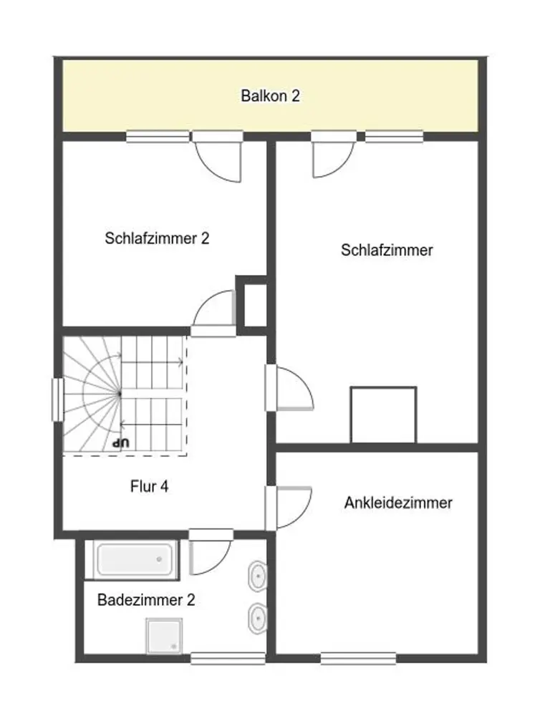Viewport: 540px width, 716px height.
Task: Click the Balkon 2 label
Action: [270, 96]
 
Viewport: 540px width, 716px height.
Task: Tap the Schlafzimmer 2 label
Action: [157, 238]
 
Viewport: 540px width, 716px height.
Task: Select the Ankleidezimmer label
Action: [398, 503]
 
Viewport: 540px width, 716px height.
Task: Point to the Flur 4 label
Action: [150, 486]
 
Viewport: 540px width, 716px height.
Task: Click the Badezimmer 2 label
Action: [146, 599]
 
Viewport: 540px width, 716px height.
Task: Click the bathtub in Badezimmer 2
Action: [135, 559]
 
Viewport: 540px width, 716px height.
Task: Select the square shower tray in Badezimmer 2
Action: [164, 636]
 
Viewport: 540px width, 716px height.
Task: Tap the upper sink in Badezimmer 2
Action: [257, 576]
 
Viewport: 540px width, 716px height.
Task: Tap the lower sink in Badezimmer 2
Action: [257, 619]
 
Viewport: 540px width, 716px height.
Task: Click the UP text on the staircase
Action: [122, 442]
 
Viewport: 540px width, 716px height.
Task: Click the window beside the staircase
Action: [58, 400]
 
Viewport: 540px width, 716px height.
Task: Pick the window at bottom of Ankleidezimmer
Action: [358, 658]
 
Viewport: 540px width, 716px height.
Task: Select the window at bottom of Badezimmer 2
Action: [228, 658]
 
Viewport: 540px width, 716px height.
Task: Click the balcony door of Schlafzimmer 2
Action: [218, 158]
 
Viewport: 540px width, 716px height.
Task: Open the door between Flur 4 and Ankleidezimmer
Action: [289, 508]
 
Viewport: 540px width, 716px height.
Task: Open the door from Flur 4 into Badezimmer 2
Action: [211, 551]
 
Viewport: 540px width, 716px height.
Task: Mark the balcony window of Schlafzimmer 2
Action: [158, 136]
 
